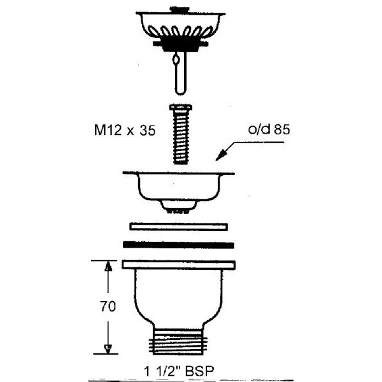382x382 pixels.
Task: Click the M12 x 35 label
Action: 125,130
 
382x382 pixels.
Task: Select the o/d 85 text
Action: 269,129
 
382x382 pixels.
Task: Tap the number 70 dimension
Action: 108,306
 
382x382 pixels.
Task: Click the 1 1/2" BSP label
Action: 179,371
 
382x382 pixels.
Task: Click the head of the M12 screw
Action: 181,107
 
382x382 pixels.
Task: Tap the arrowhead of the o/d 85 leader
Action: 221,156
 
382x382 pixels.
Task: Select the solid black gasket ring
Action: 178,245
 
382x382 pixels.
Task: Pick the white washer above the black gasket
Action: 179,227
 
